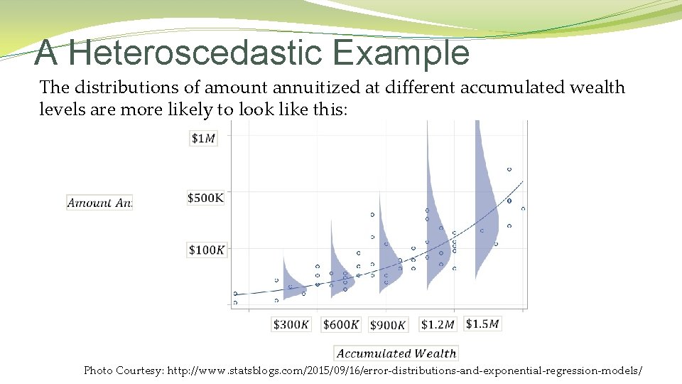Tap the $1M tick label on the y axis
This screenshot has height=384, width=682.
pos(203,138)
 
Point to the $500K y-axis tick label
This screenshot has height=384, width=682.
pos(205,198)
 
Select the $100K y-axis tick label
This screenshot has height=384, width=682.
pos(207,250)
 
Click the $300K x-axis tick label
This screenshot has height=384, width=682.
pos(291,324)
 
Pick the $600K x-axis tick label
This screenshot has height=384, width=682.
pos(341,324)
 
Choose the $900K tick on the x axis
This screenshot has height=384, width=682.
pos(388,325)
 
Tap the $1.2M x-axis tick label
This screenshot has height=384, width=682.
pos(438,324)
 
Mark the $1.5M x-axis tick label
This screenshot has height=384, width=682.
pos(483,324)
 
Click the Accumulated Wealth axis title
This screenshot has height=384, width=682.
pos(396,353)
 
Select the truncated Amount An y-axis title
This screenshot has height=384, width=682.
pos(99,203)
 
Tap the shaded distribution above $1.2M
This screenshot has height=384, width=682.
pos(435,213)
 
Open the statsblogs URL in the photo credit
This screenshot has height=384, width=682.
pos(405,370)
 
